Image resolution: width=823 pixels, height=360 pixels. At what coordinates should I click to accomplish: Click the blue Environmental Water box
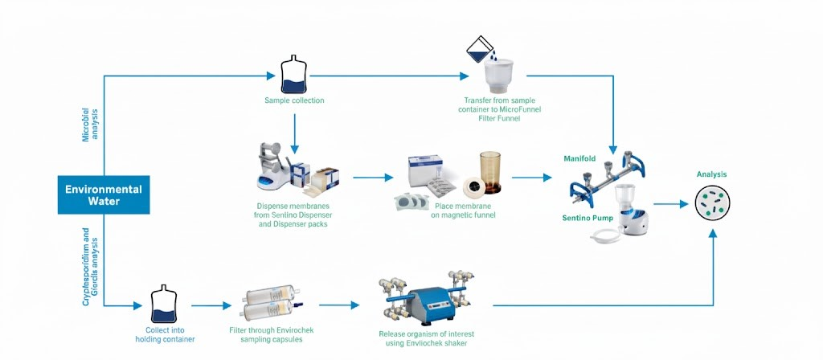point(103,195)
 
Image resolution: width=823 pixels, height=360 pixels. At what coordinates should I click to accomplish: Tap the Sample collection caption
point(294,100)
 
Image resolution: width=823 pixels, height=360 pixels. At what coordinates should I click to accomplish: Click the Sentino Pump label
point(583,218)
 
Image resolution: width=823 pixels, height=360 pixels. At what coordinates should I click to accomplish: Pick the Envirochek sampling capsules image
point(264,306)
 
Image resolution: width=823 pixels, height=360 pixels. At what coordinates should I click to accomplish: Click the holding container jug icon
point(164,305)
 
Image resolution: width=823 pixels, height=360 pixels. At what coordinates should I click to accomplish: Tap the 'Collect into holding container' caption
point(170,334)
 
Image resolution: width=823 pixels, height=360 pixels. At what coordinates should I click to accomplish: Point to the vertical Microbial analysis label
point(91,123)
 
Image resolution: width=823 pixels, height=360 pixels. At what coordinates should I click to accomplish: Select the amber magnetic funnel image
point(490,170)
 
